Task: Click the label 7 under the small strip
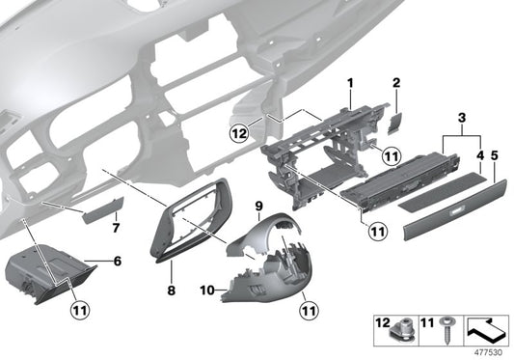pos(116,228)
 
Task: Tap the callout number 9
pos(258,207)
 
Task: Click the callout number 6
pos(117,261)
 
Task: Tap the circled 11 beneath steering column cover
pos(308,309)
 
